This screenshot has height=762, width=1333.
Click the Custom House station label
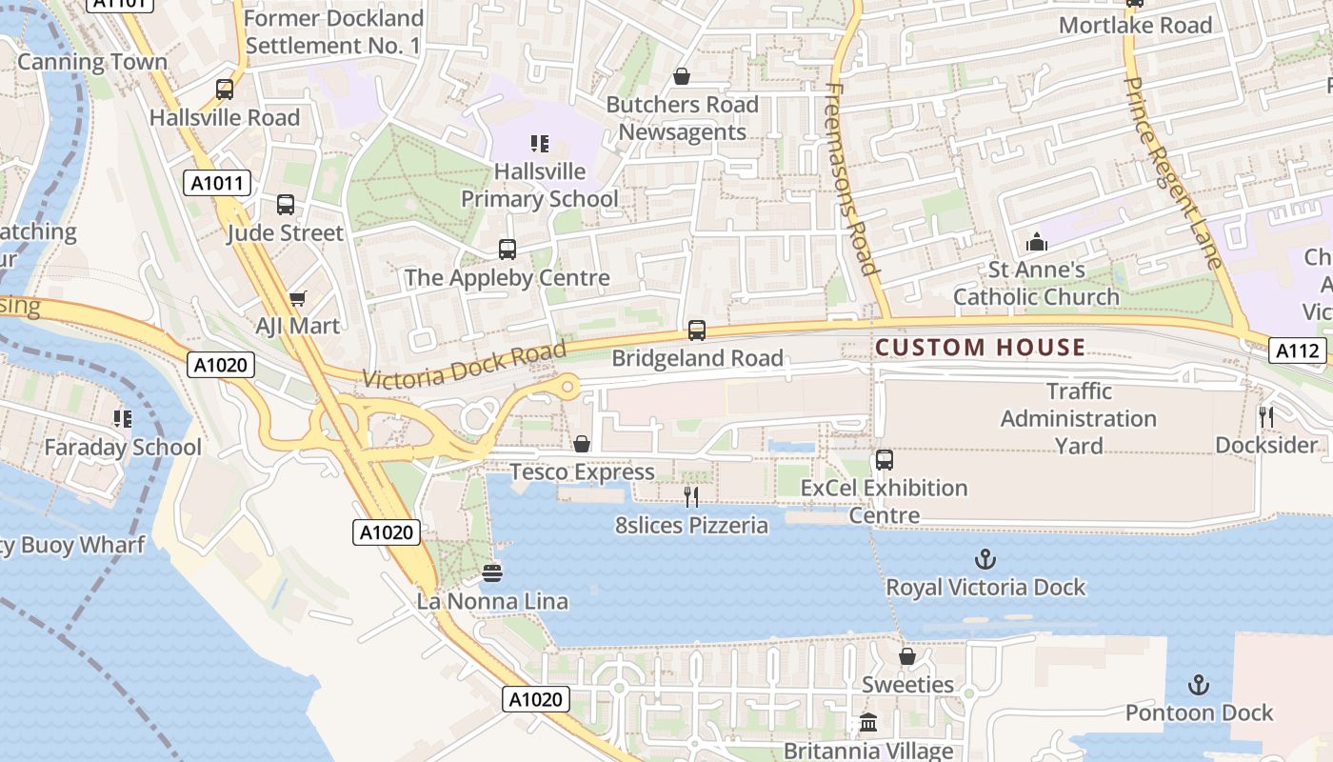coord(980,348)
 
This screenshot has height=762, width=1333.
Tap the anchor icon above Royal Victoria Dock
coord(985,559)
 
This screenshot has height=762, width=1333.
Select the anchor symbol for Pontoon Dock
coord(1199,685)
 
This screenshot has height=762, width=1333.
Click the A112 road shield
coord(1298,351)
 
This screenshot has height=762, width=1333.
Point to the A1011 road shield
coord(217,183)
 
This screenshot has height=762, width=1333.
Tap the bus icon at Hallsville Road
coord(225,90)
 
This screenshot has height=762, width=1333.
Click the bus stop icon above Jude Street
coord(286,205)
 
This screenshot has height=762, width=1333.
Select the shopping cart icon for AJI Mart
coord(297,298)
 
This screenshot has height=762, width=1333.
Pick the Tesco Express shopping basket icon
coord(582,445)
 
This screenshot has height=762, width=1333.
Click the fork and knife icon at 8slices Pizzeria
coord(691,496)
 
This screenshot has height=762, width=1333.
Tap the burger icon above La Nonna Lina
coord(492,572)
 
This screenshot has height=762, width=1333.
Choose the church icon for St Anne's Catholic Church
coord(1037,242)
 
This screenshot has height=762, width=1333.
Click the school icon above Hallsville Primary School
coord(540,144)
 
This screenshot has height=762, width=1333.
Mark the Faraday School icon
coord(122,418)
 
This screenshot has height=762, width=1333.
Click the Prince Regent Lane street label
coord(1172,171)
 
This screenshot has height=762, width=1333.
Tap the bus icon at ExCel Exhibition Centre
coord(885,460)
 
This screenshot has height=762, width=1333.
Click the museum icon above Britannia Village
coord(868,723)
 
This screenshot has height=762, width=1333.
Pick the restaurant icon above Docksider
coord(1266,416)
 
